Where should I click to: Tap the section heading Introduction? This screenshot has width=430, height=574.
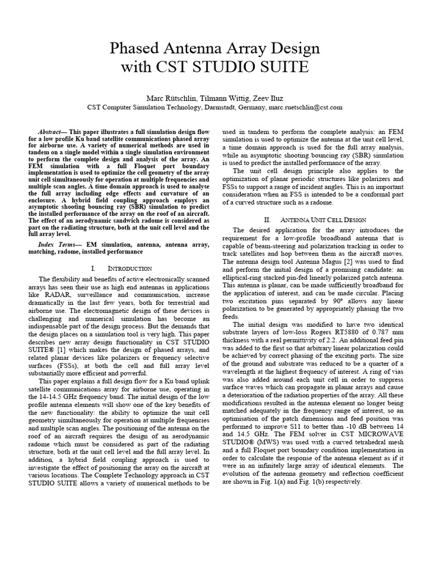point(121,269)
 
